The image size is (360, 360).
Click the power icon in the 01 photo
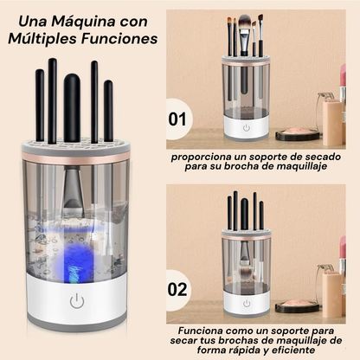[x=246, y=127]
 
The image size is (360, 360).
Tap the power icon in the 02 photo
[x=247, y=304]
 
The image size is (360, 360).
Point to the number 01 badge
[x=177, y=119]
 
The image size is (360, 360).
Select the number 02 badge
[x=177, y=289]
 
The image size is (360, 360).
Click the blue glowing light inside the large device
[x=75, y=261]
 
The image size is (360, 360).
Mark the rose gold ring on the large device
[x=75, y=160]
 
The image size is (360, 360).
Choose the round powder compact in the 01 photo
[x=298, y=134]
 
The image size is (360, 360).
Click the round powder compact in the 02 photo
[x=298, y=305]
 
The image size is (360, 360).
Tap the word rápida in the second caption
[x=238, y=350]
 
